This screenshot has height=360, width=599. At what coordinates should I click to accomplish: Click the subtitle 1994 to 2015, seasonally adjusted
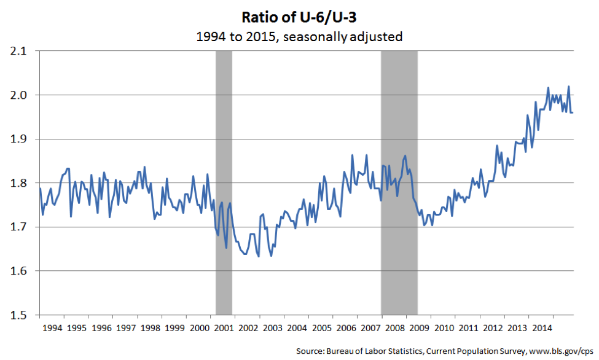coord(299,37)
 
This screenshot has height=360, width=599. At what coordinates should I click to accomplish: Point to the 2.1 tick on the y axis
coord(20,52)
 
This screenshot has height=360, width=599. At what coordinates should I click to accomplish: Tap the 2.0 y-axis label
coord(20,95)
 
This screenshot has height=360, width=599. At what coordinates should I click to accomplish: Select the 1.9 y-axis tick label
coord(20,139)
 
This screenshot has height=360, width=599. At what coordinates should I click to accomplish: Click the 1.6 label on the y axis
coord(20,271)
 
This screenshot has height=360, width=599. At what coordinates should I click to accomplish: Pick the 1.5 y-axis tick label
coord(20,315)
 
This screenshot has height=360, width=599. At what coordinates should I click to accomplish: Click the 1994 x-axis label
coord(52,327)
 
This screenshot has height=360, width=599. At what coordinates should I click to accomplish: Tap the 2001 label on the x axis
coord(224,327)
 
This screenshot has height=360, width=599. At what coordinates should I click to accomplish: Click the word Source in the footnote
coord(310,351)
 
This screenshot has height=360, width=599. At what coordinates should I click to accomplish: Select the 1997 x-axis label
coord(125,327)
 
